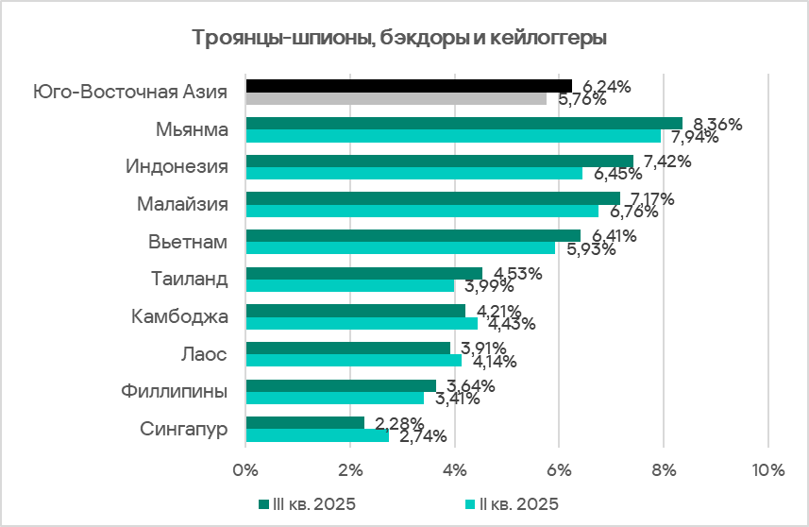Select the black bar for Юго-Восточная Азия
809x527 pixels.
(x=408, y=86)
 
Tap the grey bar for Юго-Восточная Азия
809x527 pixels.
(x=396, y=98)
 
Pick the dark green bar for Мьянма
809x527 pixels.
(x=463, y=123)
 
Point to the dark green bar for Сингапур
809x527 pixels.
(x=304, y=422)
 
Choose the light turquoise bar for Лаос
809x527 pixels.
(x=353, y=360)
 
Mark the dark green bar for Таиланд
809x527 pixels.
(x=363, y=273)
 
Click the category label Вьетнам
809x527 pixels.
(x=189, y=242)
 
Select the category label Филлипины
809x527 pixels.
(x=176, y=391)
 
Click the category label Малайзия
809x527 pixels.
(x=182, y=204)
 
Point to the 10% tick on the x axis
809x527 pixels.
(x=767, y=469)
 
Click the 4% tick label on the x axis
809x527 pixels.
(x=455, y=469)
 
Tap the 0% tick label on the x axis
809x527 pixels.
(x=245, y=469)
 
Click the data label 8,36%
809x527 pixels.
(x=717, y=124)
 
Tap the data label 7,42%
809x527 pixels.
(x=666, y=161)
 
